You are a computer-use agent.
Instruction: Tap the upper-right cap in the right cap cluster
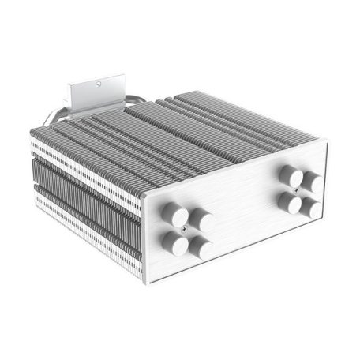(311, 182)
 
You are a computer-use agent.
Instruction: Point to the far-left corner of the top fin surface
(32, 132)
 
